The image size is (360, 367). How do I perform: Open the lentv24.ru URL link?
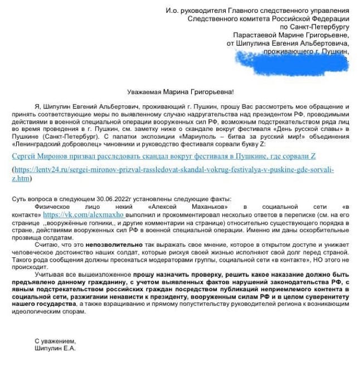[x=173, y=174]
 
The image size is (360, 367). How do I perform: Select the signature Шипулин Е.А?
[x=55, y=348]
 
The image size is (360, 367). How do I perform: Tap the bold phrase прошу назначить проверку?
[x=173, y=273]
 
